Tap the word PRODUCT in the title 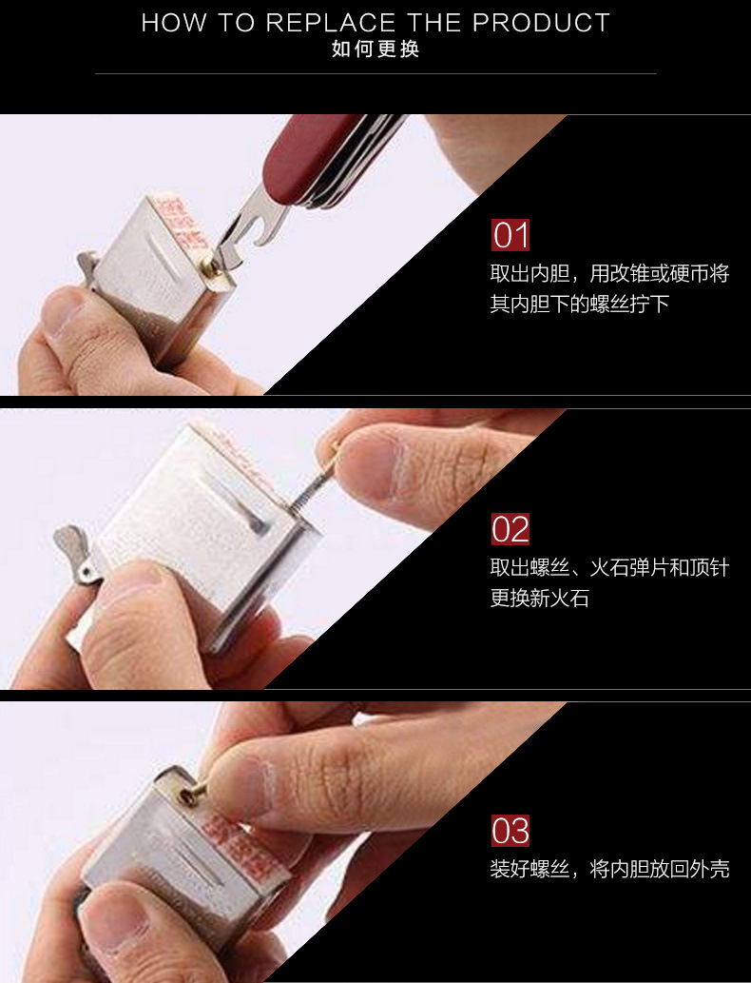[x=541, y=23]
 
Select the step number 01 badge [x=510, y=236]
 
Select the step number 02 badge [x=510, y=529]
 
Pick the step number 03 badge [x=510, y=831]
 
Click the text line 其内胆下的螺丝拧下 [x=580, y=305]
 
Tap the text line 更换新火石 [x=540, y=600]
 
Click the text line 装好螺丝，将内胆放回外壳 [x=609, y=869]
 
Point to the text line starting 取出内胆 [x=609, y=274]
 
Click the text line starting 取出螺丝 [x=609, y=568]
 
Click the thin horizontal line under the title [x=375, y=73]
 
